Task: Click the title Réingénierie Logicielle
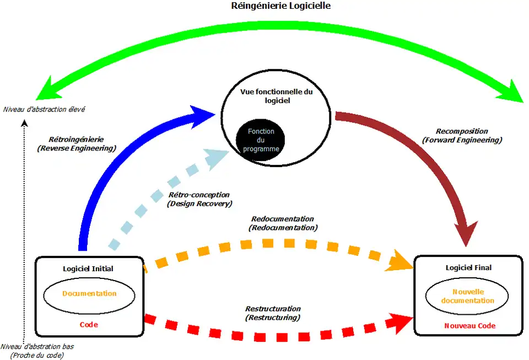282,6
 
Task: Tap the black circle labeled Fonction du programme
261,141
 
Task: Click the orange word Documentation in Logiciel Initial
89,294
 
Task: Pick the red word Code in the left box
89,325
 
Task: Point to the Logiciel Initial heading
88,268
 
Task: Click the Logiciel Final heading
468,267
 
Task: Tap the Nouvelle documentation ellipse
467,296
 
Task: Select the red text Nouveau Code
469,326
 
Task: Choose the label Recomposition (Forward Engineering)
462,136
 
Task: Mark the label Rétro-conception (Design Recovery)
199,199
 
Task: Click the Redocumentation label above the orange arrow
283,223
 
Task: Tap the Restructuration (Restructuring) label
273,313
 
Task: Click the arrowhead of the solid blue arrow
201,114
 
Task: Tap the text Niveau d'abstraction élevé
44,109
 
